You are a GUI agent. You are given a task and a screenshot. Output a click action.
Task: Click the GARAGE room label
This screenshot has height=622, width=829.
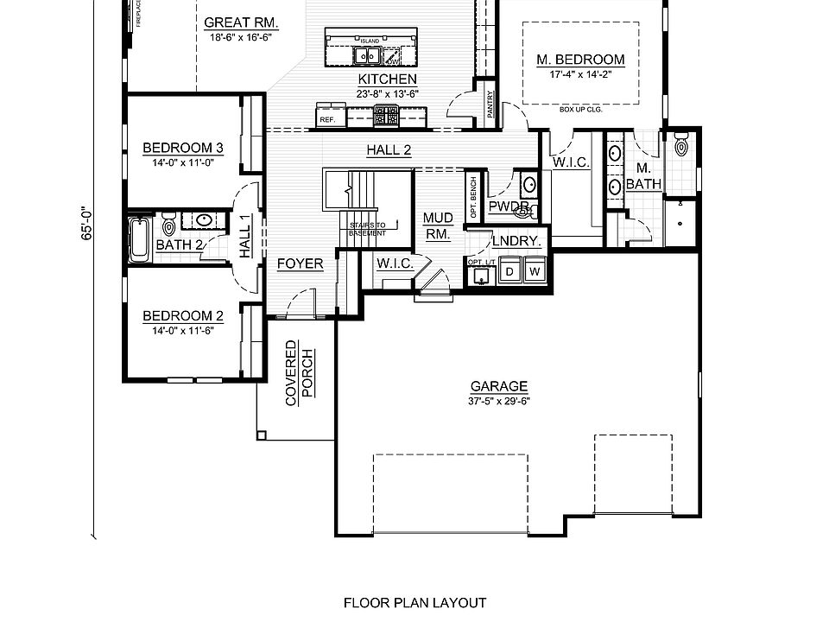[499, 387]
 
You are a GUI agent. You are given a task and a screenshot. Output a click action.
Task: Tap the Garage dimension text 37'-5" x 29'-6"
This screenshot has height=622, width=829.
[499, 400]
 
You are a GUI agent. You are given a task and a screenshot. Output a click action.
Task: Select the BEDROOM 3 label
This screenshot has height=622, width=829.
[183, 148]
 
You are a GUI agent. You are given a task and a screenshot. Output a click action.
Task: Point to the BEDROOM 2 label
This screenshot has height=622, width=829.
[183, 315]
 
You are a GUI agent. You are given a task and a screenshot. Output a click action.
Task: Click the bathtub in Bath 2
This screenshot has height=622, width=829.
[138, 239]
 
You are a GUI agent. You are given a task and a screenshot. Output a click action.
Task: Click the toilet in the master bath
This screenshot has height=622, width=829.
[681, 144]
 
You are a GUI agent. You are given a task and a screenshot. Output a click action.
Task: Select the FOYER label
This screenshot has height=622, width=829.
[300, 264]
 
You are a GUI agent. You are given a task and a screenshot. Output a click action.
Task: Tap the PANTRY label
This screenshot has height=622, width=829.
[490, 105]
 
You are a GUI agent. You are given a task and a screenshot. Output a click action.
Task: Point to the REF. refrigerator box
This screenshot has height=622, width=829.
[327, 119]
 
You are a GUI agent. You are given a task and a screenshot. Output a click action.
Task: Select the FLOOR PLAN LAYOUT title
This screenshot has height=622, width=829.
[414, 603]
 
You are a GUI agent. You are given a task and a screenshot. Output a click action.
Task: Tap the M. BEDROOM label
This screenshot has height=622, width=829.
[580, 60]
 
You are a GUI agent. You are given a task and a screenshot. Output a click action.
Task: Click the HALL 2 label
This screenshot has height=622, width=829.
[389, 149]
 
